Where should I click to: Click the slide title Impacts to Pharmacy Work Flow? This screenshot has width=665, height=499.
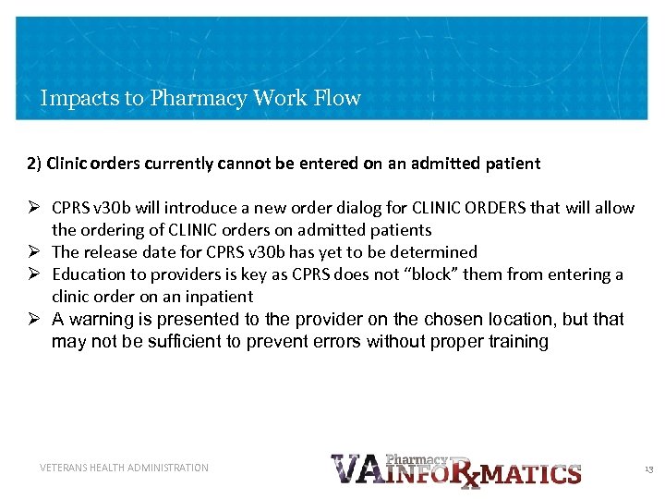tap(200, 98)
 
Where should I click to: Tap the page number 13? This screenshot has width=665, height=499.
tap(648, 469)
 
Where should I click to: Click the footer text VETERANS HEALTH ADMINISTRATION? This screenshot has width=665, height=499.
tap(125, 468)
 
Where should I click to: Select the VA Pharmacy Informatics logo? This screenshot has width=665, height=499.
tap(455, 469)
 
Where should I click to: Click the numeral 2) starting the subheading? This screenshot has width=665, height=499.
tap(34, 164)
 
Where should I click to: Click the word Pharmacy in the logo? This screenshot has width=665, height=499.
tap(416, 459)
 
